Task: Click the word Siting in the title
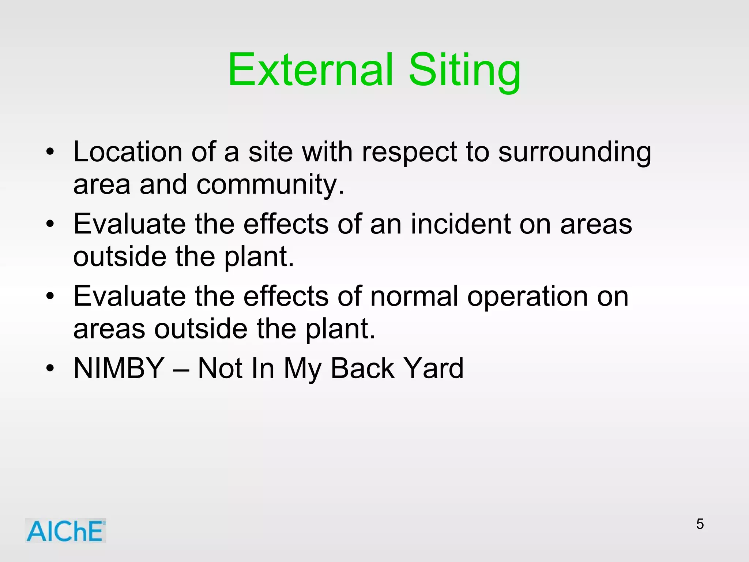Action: tap(464, 71)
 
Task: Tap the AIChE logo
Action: tap(65, 531)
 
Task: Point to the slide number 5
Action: tap(700, 524)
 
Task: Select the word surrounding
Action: tap(575, 153)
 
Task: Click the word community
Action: tap(270, 185)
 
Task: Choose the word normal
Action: tap(414, 296)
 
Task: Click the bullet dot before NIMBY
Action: tap(50, 368)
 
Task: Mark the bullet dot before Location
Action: tap(50, 151)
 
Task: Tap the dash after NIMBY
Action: tap(181, 370)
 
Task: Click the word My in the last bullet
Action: tap(302, 370)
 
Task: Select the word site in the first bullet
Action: tap(271, 152)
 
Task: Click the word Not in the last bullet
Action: tap(220, 368)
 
